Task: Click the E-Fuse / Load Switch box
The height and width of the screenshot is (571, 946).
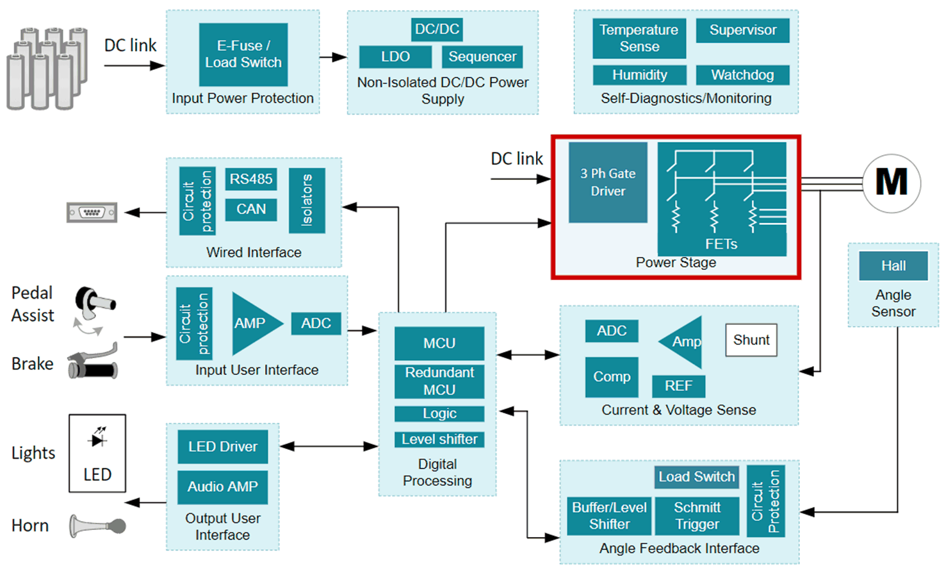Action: tap(243, 54)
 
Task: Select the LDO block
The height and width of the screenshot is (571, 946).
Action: tap(395, 56)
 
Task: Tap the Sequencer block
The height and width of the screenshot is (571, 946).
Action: tap(482, 56)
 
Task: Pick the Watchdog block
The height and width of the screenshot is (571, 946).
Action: tap(742, 75)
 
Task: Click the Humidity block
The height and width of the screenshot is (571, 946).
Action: tap(639, 75)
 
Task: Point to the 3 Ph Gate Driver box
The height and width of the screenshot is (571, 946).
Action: tap(608, 183)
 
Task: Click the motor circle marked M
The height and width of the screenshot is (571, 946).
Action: tap(891, 183)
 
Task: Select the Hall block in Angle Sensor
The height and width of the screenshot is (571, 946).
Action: tap(893, 266)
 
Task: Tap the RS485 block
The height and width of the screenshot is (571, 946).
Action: tap(251, 179)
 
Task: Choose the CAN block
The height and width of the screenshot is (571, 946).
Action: tap(251, 209)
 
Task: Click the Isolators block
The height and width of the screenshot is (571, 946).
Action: tap(307, 200)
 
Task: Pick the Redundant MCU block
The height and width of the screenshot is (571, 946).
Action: tap(439, 381)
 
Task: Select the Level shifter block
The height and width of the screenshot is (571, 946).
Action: tap(439, 440)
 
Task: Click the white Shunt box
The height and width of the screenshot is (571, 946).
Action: tap(751, 340)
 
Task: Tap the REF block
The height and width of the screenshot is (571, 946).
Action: tap(678, 386)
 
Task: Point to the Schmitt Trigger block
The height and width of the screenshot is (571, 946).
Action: tap(697, 516)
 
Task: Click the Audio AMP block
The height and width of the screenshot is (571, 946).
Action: tap(222, 487)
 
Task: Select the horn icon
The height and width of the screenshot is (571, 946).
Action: tap(97, 526)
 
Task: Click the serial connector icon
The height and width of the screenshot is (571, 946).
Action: tap(92, 212)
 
